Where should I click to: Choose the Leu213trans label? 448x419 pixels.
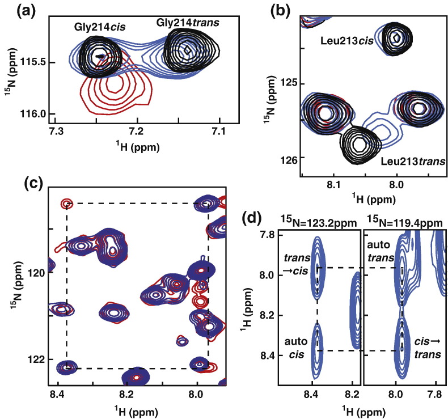pyautogui.click(x=409, y=163)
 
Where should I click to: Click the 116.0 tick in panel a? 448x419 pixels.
pyautogui.click(x=36, y=114)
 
